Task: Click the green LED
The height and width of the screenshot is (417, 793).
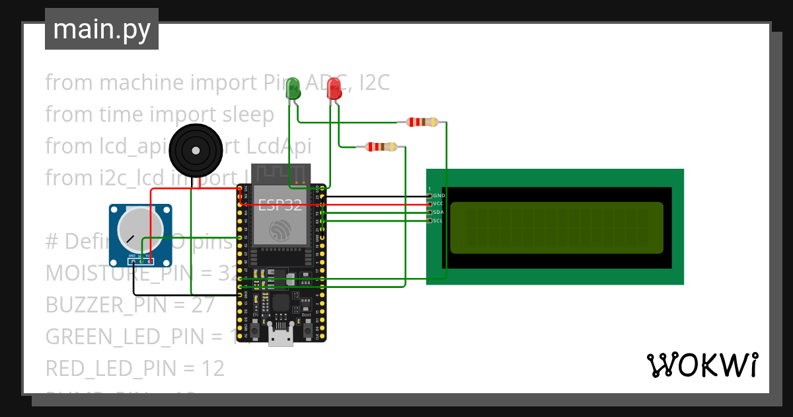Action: pyautogui.click(x=293, y=88)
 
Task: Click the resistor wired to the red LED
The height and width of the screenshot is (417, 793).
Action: pyautogui.click(x=381, y=147)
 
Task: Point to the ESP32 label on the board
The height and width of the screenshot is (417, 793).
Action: pyautogui.click(x=280, y=205)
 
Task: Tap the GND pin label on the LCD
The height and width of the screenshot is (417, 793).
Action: pyautogui.click(x=439, y=196)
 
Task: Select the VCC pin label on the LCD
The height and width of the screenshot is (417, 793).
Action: pyautogui.click(x=439, y=204)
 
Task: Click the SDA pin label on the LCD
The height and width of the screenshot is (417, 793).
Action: pyautogui.click(x=439, y=212)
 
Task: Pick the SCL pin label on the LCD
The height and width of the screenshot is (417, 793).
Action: pyautogui.click(x=439, y=220)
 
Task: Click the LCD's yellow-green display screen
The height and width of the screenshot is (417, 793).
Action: pyautogui.click(x=556, y=228)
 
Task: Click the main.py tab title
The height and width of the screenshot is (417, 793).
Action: pyautogui.click(x=101, y=29)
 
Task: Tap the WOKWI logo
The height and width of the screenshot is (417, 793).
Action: pyautogui.click(x=702, y=365)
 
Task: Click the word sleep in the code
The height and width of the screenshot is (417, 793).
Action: pyautogui.click(x=245, y=115)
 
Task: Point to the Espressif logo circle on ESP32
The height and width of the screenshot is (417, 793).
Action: pyautogui.click(x=280, y=230)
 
